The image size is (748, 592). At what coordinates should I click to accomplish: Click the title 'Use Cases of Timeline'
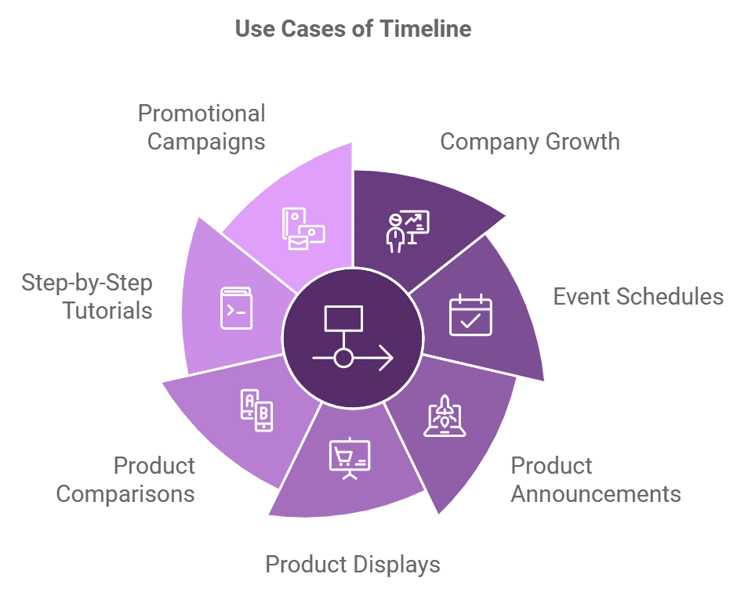click(x=353, y=30)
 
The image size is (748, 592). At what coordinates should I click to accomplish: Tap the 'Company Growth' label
click(x=529, y=142)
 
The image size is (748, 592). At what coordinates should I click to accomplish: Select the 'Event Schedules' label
click(x=638, y=297)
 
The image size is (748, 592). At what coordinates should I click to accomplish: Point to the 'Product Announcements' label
click(x=595, y=480)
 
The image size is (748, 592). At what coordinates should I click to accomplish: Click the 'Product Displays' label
click(x=352, y=564)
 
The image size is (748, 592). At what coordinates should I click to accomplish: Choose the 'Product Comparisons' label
click(x=125, y=480)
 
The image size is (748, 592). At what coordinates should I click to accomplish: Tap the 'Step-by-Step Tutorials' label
click(x=87, y=296)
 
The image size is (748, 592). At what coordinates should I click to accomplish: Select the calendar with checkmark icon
click(x=470, y=316)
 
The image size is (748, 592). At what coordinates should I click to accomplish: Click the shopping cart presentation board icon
click(x=350, y=459)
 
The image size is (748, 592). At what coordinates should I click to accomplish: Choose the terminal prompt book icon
click(x=236, y=309)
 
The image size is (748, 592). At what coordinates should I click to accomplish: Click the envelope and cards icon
click(x=302, y=229)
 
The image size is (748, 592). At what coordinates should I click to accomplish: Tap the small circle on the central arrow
click(x=343, y=359)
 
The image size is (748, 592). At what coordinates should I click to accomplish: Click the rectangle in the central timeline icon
click(x=343, y=318)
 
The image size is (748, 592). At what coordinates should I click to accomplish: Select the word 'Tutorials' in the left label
click(x=107, y=310)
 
